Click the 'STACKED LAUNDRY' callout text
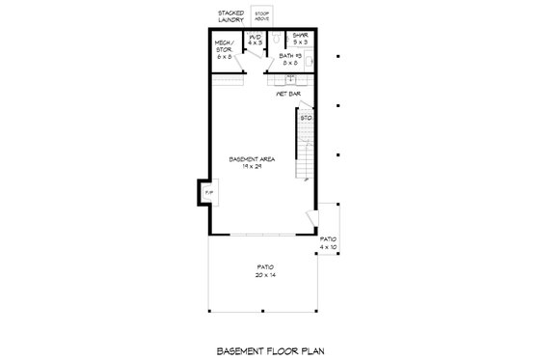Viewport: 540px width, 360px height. pos(230,15)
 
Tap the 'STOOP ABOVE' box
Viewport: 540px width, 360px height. pos(261,16)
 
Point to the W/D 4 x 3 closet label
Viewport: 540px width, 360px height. pos(254,42)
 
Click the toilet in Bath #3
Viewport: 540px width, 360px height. pos(276,39)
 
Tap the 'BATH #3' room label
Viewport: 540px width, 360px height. pos(289,58)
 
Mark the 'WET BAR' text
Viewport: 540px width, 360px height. pos(289,95)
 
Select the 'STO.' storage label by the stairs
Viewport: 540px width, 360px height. pos(306,118)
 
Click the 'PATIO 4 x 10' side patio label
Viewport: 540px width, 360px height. pos(329,242)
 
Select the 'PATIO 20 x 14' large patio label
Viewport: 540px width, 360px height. pos(265,271)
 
